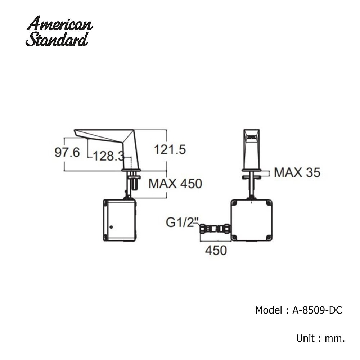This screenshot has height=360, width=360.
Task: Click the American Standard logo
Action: click(x=59, y=31)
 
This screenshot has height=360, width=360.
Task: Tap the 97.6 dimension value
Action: click(x=67, y=152)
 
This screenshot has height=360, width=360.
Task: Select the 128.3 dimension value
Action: click(x=109, y=157)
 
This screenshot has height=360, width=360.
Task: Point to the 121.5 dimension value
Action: click(x=170, y=149)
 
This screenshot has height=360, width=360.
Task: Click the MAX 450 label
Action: click(x=175, y=184)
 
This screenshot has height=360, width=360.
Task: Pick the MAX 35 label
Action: click(x=297, y=172)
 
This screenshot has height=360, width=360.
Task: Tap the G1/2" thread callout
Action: click(x=182, y=222)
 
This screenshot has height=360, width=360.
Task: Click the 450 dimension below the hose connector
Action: click(x=216, y=250)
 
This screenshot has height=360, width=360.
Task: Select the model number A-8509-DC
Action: click(x=317, y=310)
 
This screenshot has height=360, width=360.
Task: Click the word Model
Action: click(x=269, y=310)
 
